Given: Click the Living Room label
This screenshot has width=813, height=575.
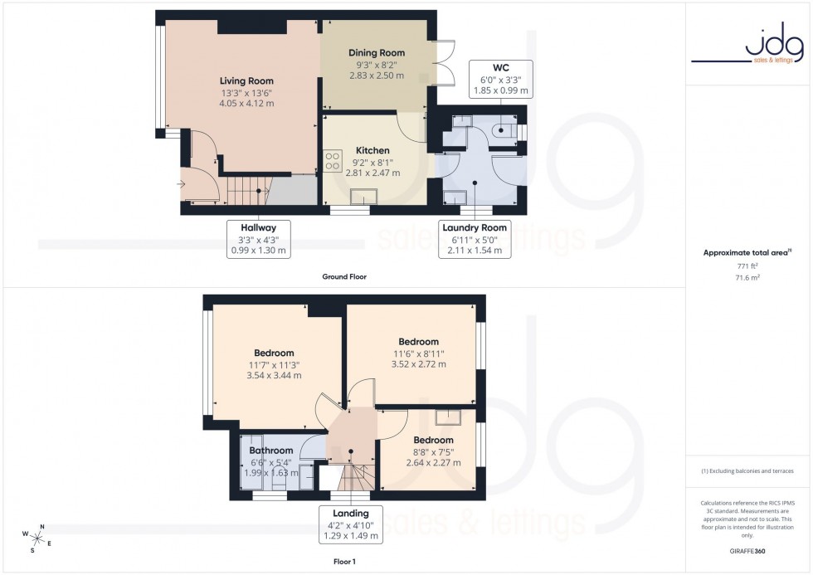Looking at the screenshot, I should [246, 80].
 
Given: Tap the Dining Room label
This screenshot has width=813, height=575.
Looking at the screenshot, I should [376, 53].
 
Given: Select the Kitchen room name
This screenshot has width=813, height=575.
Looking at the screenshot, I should [372, 150].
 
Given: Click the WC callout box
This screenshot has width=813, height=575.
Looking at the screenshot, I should [500, 79].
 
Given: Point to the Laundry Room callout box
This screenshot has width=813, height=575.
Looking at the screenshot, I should [475, 238].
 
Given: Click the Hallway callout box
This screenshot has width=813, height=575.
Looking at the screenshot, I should [259, 238].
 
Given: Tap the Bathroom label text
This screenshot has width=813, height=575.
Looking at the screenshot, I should [271, 451].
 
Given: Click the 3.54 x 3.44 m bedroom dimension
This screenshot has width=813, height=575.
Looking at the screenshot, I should [274, 375].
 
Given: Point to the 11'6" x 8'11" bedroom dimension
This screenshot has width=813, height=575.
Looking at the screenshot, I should [418, 353].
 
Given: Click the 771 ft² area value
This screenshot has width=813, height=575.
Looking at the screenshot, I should [747, 266].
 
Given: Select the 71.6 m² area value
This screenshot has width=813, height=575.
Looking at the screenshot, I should [747, 280].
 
